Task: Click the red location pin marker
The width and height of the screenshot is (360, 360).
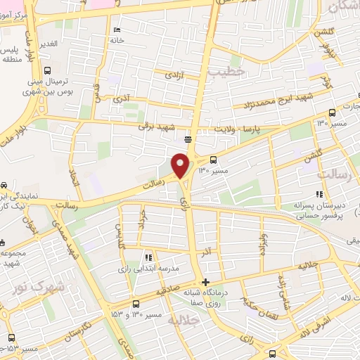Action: point(181,165)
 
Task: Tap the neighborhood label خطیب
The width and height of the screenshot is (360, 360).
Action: point(230,71)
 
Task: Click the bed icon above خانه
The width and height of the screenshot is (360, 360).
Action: point(117,30)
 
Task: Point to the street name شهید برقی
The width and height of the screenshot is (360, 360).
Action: point(155,127)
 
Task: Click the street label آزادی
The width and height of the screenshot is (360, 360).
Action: point(174,74)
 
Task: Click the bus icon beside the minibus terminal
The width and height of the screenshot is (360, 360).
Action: point(46,70)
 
